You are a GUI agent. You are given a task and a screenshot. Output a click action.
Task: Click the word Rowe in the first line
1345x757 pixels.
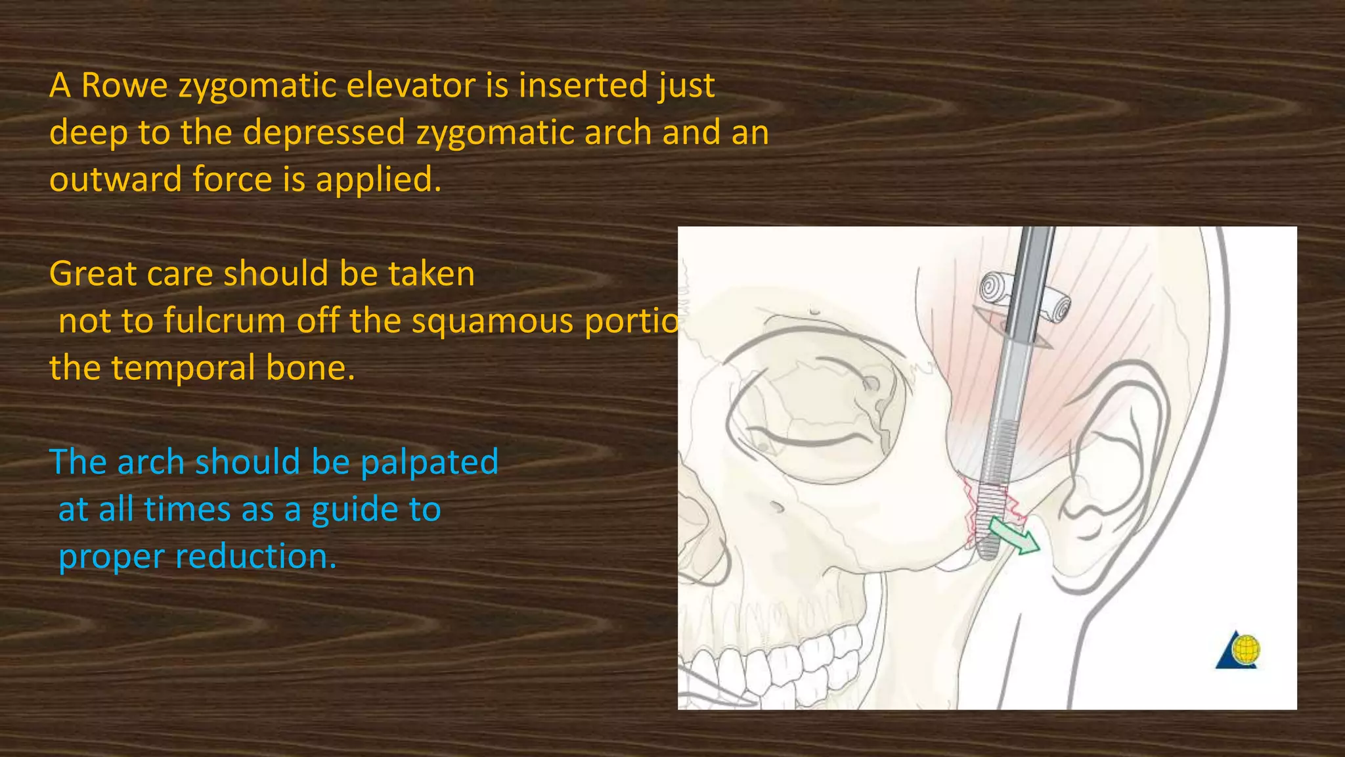tap(125, 85)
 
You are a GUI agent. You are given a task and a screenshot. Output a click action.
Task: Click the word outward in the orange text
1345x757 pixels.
tap(116, 179)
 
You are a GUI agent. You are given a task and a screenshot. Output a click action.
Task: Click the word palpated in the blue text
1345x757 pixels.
tap(430, 462)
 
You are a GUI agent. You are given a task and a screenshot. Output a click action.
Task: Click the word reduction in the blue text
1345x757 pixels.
tap(256, 557)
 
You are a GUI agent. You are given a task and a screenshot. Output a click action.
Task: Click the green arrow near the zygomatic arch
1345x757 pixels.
tap(1014, 536)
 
